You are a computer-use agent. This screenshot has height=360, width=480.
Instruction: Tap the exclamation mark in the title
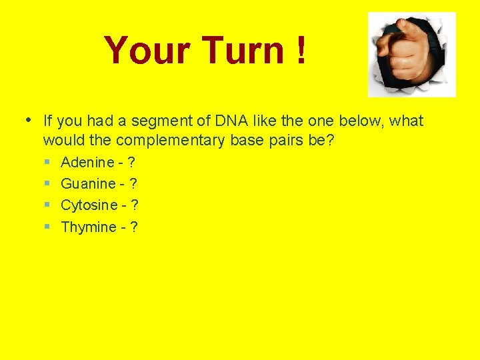(301, 51)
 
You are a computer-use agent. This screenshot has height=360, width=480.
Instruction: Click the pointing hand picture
(411, 54)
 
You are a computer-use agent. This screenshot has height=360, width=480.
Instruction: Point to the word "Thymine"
(88, 227)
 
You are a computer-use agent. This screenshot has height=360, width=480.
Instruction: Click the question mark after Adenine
(131, 162)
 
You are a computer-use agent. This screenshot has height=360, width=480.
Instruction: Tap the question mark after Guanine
(133, 183)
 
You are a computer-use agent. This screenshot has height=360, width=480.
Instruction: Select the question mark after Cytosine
(135, 205)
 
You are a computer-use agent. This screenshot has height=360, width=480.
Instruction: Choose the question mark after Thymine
(134, 227)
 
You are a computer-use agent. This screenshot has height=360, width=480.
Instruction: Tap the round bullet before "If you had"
(27, 121)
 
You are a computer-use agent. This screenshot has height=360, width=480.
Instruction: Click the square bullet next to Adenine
(48, 162)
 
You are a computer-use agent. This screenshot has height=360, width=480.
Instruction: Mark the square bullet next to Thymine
(48, 227)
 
